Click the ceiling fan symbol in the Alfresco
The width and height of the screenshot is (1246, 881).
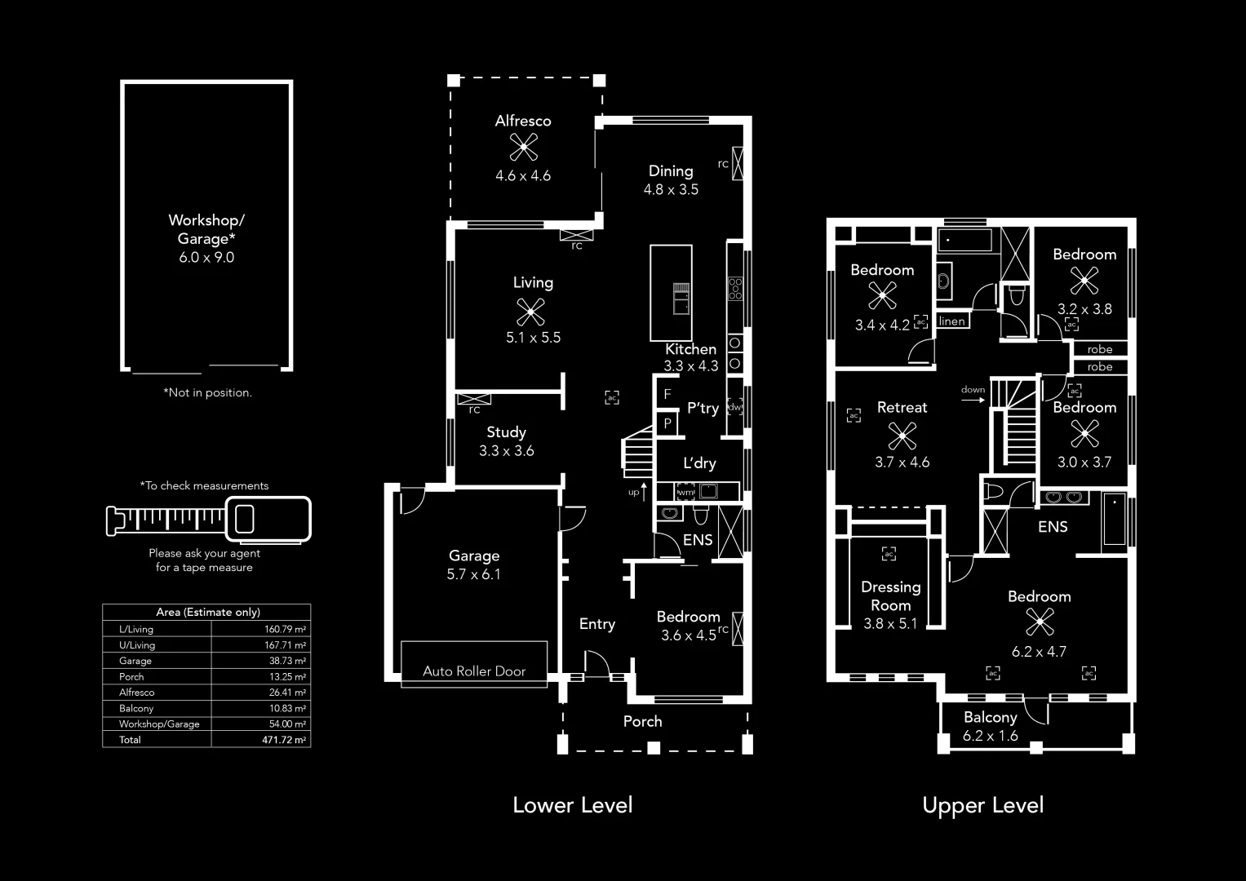[523, 148]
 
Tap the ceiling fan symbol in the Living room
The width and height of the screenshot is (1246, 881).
[531, 310]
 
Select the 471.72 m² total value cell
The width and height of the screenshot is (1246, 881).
[284, 740]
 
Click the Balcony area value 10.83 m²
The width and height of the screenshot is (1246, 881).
[287, 708]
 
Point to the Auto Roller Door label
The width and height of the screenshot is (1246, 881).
[474, 671]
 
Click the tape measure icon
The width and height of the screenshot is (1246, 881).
[208, 519]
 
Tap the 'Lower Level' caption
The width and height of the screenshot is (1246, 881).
[572, 805]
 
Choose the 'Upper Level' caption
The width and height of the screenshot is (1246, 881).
[982, 805]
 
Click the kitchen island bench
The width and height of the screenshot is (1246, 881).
[671, 292]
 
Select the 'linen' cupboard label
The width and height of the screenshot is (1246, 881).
[952, 321]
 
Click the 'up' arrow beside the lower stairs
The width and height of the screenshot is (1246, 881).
[644, 491]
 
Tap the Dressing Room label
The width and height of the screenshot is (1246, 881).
[890, 595]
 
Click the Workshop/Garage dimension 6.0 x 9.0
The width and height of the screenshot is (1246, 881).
[206, 257]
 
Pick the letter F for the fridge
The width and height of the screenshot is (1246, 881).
[667, 394]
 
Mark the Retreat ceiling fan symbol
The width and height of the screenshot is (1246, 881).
[902, 436]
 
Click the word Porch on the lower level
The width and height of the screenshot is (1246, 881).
[642, 721]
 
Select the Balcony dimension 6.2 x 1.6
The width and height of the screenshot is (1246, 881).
[990, 736]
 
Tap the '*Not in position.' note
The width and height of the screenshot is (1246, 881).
[207, 392]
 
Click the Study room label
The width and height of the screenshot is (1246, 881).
[506, 432]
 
